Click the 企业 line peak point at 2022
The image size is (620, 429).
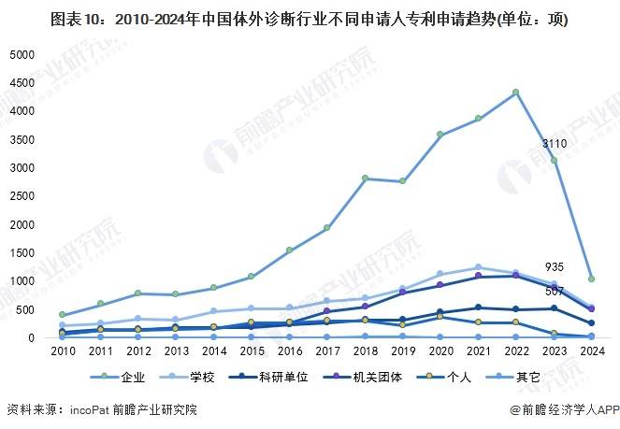coord(515,93)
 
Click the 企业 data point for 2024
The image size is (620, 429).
coord(591,279)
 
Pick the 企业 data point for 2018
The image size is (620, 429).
coord(365,178)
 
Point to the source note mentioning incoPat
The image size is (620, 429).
coord(102,409)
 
